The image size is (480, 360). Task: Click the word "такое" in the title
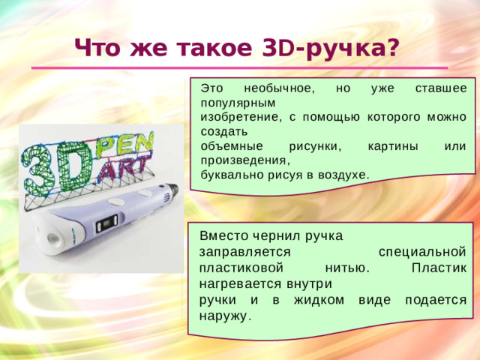[213, 48]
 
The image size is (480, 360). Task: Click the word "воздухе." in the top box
[344, 174]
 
